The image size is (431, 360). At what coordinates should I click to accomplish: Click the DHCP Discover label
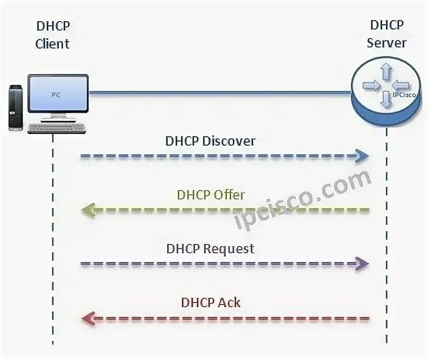pyautogui.click(x=210, y=141)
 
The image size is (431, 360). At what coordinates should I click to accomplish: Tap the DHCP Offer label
pyautogui.click(x=211, y=195)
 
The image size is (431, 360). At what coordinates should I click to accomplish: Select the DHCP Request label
pyautogui.click(x=210, y=248)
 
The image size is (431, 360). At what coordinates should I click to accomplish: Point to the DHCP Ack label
pyautogui.click(x=211, y=302)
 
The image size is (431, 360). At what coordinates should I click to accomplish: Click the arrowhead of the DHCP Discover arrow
pyautogui.click(x=362, y=156)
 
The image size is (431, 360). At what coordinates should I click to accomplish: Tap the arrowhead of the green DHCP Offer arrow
pyautogui.click(x=88, y=211)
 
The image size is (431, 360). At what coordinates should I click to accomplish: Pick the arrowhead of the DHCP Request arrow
pyautogui.click(x=362, y=264)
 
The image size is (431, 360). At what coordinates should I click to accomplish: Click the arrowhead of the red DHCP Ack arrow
pyautogui.click(x=88, y=319)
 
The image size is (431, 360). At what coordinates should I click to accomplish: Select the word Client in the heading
pyautogui.click(x=52, y=43)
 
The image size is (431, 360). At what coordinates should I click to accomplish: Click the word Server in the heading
pyautogui.click(x=387, y=42)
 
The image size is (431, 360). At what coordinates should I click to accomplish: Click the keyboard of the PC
pyautogui.click(x=57, y=128)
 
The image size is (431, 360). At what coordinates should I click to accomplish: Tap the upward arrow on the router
pyautogui.click(x=387, y=70)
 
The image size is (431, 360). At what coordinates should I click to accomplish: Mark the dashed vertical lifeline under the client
pyautogui.click(x=53, y=238)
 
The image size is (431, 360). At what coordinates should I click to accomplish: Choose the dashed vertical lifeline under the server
pyautogui.click(x=387, y=238)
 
